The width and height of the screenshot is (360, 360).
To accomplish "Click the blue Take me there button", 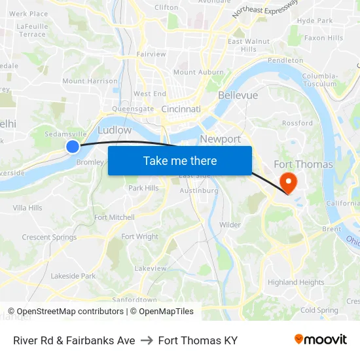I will [179, 160].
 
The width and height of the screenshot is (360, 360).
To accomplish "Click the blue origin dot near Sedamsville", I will [73, 147].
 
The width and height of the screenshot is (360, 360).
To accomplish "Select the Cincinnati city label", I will [181, 109].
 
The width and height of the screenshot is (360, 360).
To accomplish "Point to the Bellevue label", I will [238, 96].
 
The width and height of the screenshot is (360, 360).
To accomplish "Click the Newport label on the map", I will [220, 139].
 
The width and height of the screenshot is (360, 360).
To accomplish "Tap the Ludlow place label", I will [115, 130].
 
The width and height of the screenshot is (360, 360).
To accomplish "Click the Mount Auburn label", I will [194, 72].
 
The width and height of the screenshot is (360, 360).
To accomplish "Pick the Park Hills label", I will [143, 188].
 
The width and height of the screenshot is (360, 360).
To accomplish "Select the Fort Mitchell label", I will [115, 217].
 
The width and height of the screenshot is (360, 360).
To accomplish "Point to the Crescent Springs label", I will [49, 238].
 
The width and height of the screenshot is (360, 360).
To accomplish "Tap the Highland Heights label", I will [296, 282].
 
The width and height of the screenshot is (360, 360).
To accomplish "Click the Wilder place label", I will [230, 225].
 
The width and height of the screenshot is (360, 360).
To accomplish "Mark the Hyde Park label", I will [314, 21].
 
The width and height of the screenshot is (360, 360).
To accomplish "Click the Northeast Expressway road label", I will [264, 9].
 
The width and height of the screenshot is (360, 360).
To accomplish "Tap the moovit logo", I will [321, 340].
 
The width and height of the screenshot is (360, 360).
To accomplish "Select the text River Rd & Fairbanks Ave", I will [74, 340].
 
